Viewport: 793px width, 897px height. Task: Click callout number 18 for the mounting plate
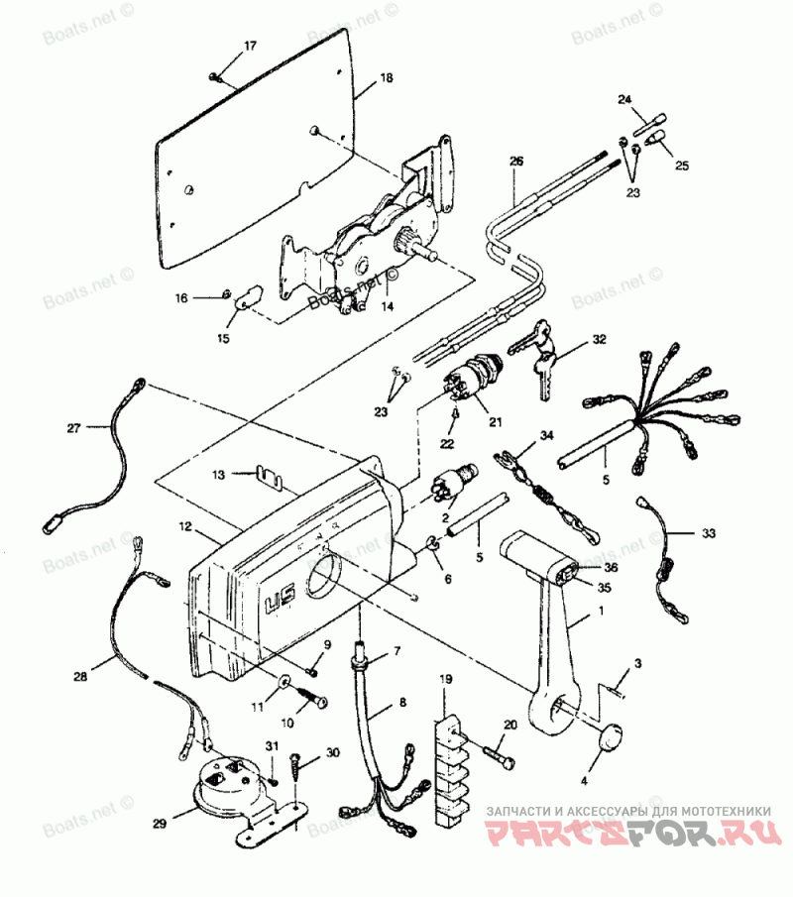coord(386,77)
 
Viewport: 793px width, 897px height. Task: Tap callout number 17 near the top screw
coord(250,47)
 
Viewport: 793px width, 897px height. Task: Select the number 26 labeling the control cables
coord(514,161)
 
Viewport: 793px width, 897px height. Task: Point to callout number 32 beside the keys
coord(599,339)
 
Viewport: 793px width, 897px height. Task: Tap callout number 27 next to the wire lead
coord(73,427)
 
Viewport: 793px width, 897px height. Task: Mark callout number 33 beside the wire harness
coord(708,533)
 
